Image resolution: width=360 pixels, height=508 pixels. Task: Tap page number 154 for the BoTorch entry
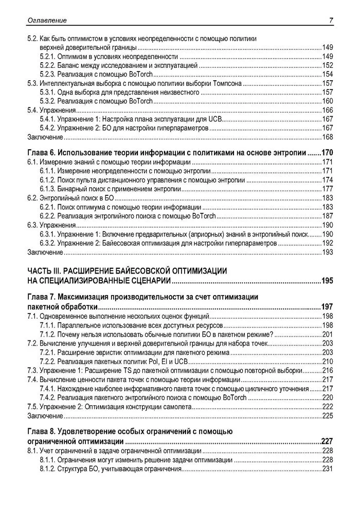click(x=328, y=75)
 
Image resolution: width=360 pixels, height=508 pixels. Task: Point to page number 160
click(x=328, y=101)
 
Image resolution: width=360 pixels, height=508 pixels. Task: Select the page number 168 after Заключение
click(x=328, y=137)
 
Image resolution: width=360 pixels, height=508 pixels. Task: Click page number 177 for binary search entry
click(x=328, y=189)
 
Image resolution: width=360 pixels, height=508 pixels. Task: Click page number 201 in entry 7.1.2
click(x=328, y=334)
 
